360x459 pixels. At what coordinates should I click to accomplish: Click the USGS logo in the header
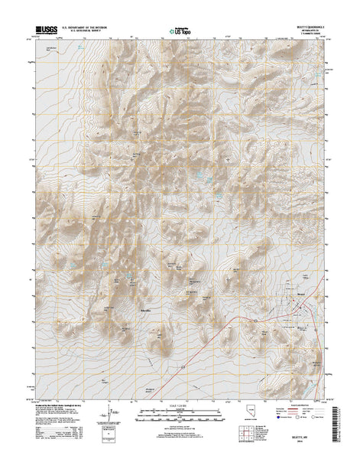[x=44, y=32]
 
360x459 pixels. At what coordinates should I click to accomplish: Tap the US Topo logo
[x=180, y=33]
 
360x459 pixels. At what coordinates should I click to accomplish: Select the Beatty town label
[x=301, y=293]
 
